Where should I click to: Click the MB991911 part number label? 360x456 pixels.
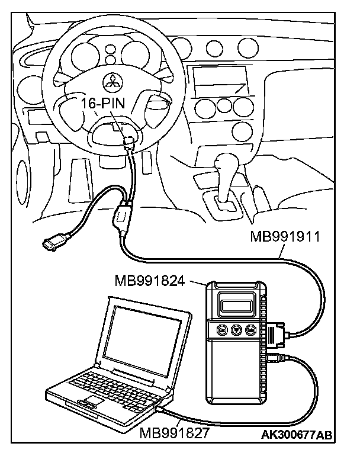285,238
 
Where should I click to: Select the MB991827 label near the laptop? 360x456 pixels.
175,433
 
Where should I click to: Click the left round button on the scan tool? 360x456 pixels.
221,330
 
